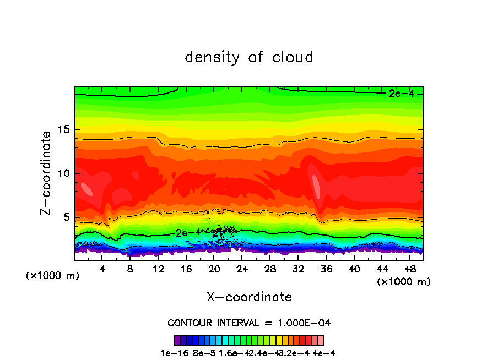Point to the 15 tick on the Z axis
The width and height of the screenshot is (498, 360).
pyautogui.click(x=65, y=129)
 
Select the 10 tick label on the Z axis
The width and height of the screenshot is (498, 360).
pyautogui.click(x=65, y=173)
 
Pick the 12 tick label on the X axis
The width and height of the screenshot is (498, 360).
pyautogui.click(x=158, y=269)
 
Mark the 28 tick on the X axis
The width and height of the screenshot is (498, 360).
pyautogui.click(x=270, y=269)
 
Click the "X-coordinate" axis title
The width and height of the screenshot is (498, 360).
pyautogui.click(x=249, y=297)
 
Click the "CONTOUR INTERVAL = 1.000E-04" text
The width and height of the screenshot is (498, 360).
pyautogui.click(x=249, y=323)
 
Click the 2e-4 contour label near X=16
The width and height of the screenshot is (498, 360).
pyautogui.click(x=188, y=233)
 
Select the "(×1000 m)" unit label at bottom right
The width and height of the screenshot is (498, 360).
pyautogui.click(x=404, y=282)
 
